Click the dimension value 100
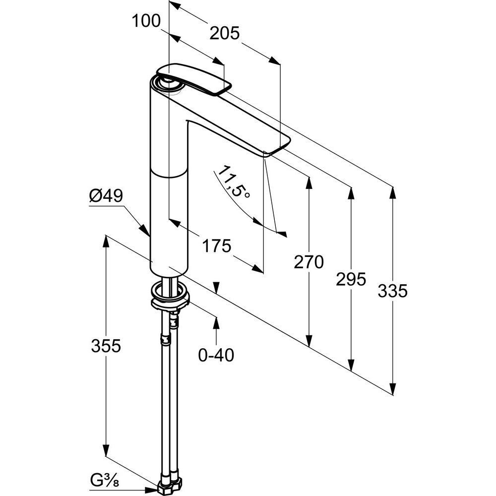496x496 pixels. [x=146, y=21]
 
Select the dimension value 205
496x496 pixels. [x=225, y=33]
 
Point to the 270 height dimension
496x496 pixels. [x=308, y=261]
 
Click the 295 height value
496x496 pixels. [x=351, y=279]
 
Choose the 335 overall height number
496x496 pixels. [x=392, y=291]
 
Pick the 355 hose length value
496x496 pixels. [x=106, y=345]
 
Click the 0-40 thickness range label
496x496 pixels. [x=216, y=355]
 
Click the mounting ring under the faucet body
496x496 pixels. [x=170, y=296]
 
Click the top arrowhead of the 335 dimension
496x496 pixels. [x=393, y=190]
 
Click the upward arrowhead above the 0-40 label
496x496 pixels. [x=216, y=320]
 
